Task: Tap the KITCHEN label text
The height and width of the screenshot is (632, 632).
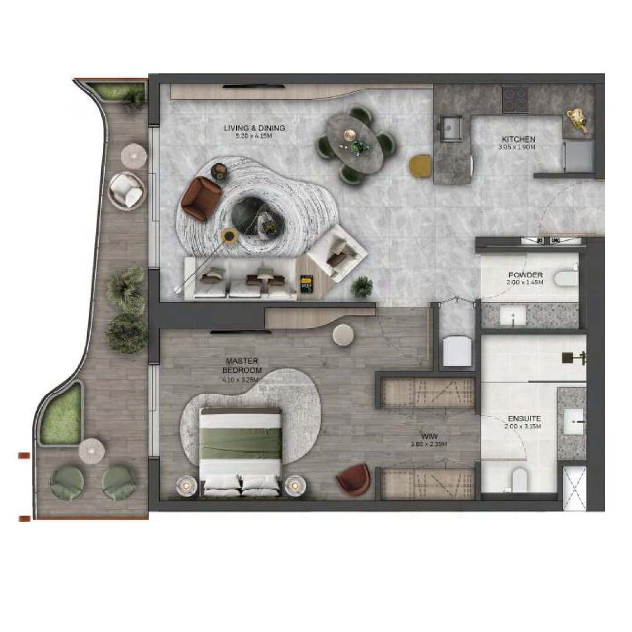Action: (x=518, y=139)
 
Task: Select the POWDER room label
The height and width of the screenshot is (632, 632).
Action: (x=525, y=275)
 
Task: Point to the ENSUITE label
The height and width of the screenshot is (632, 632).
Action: (x=524, y=419)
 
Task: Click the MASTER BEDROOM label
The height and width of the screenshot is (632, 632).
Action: (x=241, y=366)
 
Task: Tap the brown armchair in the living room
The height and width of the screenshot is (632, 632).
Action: (x=201, y=197)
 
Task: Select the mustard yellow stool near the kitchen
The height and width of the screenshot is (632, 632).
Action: (x=420, y=165)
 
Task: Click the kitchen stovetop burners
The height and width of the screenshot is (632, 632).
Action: (x=515, y=99)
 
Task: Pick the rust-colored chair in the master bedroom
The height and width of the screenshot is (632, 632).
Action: (x=355, y=479)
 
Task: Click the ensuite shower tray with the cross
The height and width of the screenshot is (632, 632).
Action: (x=574, y=488)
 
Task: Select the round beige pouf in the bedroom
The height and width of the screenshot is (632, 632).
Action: (x=343, y=335)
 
